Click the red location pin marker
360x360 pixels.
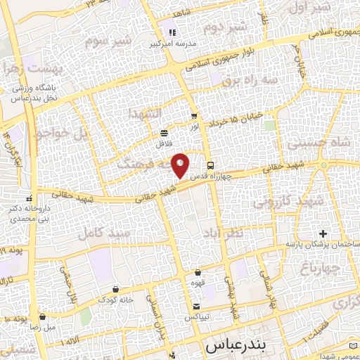(x=181, y=165)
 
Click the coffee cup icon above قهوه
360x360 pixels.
(x=198, y=272)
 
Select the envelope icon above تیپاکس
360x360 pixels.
(x=198, y=307)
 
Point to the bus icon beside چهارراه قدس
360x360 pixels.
(x=221, y=165)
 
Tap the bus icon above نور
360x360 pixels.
(x=194, y=116)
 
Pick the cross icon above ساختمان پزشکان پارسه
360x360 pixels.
(x=323, y=233)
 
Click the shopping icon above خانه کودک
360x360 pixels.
(x=115, y=290)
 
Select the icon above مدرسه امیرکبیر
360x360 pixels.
(x=173, y=32)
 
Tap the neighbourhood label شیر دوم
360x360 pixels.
(x=224, y=28)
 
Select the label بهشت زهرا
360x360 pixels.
(x=24, y=69)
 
